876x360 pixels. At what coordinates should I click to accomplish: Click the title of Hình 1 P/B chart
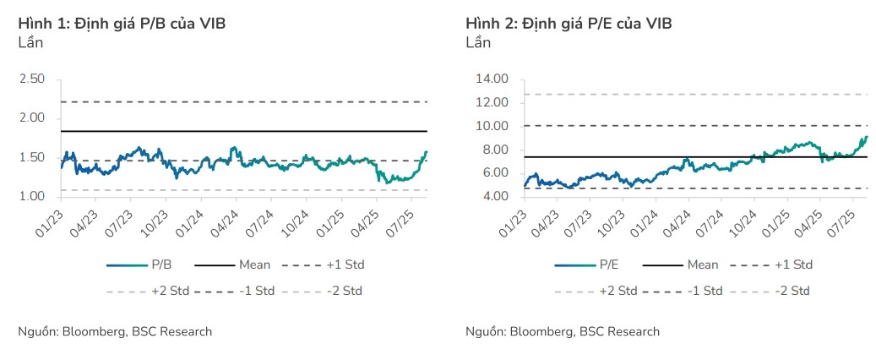tap(122, 24)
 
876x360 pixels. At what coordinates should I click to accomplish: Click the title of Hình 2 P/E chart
tap(569, 24)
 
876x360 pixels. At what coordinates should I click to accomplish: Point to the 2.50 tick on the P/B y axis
tap(32, 79)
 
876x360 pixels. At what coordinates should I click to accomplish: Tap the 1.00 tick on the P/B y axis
tap(32, 196)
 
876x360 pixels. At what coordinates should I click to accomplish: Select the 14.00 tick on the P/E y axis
tap(492, 79)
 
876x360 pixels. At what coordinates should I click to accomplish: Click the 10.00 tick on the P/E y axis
tap(492, 126)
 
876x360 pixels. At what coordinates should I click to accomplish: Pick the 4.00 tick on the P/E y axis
tap(495, 196)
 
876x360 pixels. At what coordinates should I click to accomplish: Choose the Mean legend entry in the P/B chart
tap(235, 265)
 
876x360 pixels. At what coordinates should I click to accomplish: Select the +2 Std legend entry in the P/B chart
tap(149, 291)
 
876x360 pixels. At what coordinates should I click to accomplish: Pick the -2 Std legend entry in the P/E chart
tap(769, 291)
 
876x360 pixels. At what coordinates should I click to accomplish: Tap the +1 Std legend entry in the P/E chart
tap(771, 265)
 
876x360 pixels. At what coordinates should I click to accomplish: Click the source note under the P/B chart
tap(116, 331)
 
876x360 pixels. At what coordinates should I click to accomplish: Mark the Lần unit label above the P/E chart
tap(478, 42)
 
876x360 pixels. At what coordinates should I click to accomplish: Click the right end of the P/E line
tap(867, 136)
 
